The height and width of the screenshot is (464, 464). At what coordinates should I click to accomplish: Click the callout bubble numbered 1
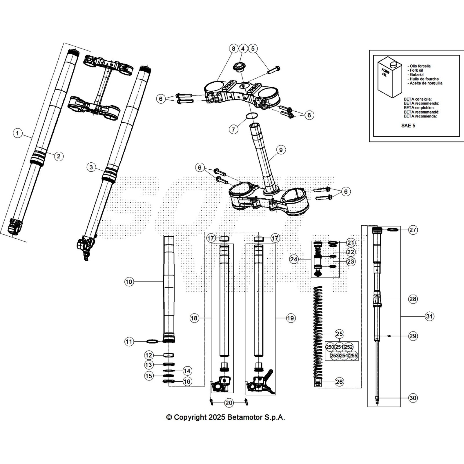pyautogui.click(x=18, y=133)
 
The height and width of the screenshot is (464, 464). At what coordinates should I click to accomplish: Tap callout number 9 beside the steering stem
pyautogui.click(x=281, y=150)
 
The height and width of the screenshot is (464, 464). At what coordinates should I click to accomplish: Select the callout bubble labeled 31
pyautogui.click(x=429, y=316)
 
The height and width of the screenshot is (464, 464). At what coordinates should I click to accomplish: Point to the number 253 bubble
pyautogui.click(x=335, y=356)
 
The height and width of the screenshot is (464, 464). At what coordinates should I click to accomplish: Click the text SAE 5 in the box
pyautogui.click(x=408, y=126)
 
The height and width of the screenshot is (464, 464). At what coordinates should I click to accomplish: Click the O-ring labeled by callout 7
pyautogui.click(x=252, y=116)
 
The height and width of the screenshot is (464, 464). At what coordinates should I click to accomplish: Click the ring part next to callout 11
pyautogui.click(x=153, y=342)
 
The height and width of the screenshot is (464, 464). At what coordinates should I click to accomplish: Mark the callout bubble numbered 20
pyautogui.click(x=229, y=403)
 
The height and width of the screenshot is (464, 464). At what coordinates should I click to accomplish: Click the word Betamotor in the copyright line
pyautogui.click(x=245, y=417)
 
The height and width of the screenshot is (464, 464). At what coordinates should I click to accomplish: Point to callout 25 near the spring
pyautogui.click(x=339, y=334)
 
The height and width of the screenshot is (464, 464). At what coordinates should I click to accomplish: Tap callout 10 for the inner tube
pyautogui.click(x=129, y=282)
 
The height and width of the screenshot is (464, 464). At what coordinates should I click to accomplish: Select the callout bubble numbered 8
pyautogui.click(x=233, y=48)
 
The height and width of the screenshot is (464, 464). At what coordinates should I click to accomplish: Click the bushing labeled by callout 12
pyautogui.click(x=168, y=355)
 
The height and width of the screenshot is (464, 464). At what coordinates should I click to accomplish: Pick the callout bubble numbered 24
pyautogui.click(x=294, y=259)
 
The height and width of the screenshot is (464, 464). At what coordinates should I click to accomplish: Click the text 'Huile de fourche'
pyautogui.click(x=424, y=79)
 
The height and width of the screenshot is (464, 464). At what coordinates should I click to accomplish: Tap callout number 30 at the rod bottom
pyautogui.click(x=413, y=398)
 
